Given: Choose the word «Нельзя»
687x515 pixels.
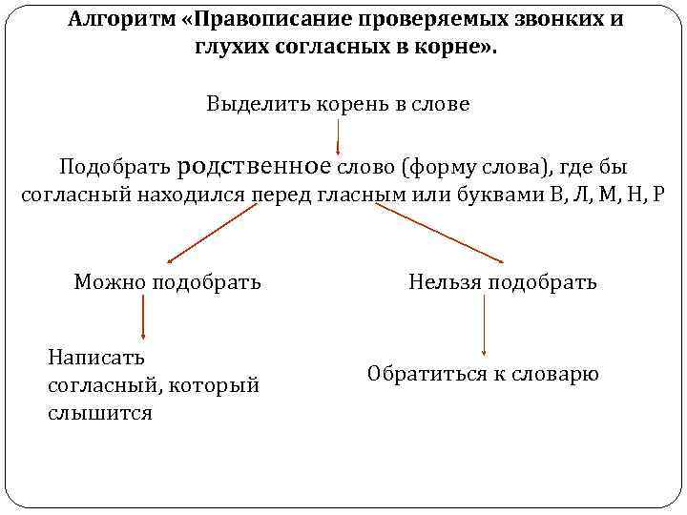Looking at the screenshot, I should [445, 281].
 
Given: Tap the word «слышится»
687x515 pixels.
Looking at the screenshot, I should [99, 414].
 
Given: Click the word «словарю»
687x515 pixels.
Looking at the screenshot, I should [555, 374].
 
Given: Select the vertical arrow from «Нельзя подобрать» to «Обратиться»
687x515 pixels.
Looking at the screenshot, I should [485, 326].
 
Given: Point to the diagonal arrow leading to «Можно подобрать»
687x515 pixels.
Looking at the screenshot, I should [212, 233].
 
